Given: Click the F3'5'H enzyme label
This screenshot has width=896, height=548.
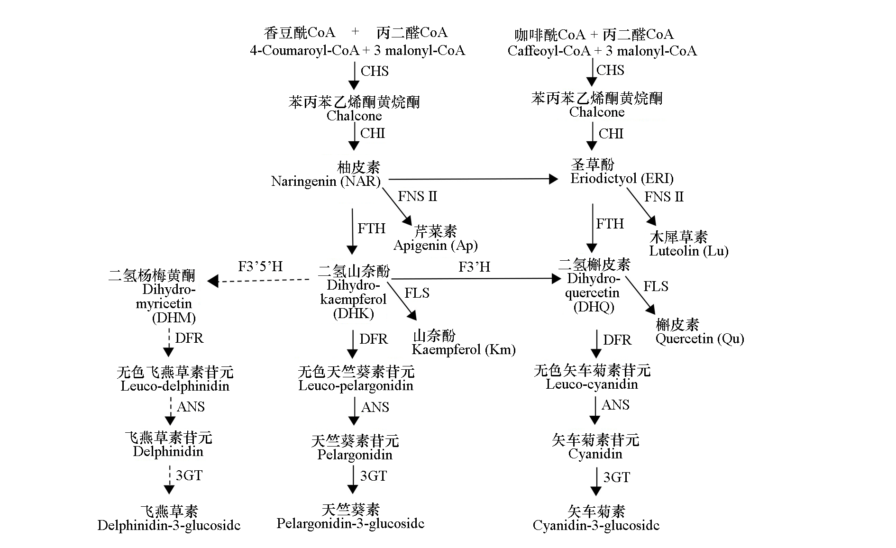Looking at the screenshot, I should (x=260, y=266).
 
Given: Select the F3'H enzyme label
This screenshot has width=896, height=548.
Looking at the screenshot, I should (x=474, y=267).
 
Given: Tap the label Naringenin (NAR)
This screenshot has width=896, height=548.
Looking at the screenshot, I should (x=326, y=181).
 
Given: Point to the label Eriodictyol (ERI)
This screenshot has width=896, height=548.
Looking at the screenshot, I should (x=622, y=179).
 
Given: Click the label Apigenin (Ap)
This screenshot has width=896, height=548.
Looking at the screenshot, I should (x=435, y=246).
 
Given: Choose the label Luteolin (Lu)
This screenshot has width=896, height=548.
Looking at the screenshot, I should (x=688, y=251).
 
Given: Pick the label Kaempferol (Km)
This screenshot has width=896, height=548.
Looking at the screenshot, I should (x=464, y=350).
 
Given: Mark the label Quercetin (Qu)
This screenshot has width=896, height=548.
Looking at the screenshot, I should (x=700, y=338).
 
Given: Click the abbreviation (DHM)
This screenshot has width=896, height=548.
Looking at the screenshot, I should (x=174, y=317).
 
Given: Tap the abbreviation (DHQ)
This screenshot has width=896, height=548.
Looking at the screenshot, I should (x=594, y=307).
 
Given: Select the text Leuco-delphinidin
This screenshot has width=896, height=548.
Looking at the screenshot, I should (x=175, y=386).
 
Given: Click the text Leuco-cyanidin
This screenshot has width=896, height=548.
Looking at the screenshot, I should (x=592, y=384).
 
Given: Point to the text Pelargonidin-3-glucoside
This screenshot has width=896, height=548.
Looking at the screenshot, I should (x=350, y=523).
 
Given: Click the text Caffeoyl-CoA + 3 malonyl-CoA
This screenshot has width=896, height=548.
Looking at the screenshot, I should (x=602, y=51).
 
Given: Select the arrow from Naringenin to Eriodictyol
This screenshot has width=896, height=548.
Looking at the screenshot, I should (x=473, y=179).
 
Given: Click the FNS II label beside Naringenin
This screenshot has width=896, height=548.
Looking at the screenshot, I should (x=417, y=196).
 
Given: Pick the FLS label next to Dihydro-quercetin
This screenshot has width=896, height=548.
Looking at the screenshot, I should (x=656, y=286).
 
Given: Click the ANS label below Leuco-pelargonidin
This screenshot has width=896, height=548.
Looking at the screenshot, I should (x=375, y=407).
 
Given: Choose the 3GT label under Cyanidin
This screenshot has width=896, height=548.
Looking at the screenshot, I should (x=617, y=477).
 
